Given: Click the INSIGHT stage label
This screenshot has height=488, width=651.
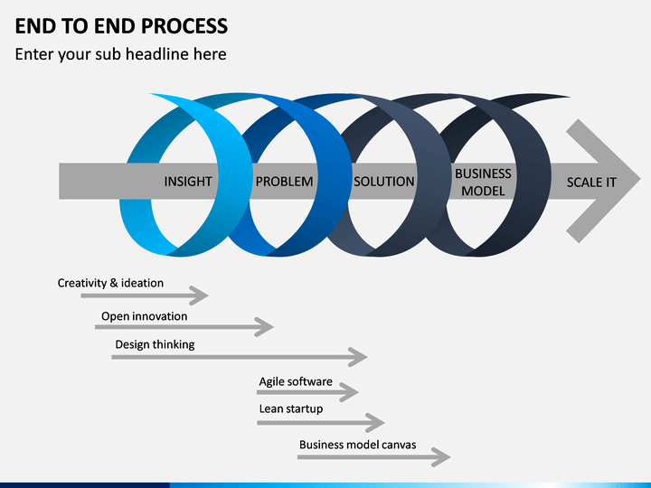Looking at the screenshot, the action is [188, 182].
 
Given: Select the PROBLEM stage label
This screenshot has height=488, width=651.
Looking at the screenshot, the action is [285, 182].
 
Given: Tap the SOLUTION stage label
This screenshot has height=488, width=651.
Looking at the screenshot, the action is [384, 182].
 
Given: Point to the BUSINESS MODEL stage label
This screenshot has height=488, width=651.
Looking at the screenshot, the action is [483, 183].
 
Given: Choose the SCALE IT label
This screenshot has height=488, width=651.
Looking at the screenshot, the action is [591, 183].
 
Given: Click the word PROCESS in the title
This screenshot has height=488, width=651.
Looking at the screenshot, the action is [184, 25].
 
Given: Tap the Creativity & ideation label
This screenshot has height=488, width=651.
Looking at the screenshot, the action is [110, 283].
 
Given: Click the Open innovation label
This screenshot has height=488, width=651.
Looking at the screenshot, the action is [145, 316].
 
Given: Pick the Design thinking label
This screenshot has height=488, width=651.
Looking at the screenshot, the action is [155, 344].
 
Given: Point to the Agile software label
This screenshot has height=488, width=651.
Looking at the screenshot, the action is [296, 381].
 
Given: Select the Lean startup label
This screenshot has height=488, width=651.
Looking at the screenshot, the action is [291, 409].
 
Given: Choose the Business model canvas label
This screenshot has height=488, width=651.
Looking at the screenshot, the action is [358, 445].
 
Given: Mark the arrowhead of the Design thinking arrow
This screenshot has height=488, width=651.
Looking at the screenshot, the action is [358, 357].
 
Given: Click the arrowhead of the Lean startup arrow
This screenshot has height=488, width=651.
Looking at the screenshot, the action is [375, 423].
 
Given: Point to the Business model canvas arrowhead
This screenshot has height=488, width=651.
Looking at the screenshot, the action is [441, 457].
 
